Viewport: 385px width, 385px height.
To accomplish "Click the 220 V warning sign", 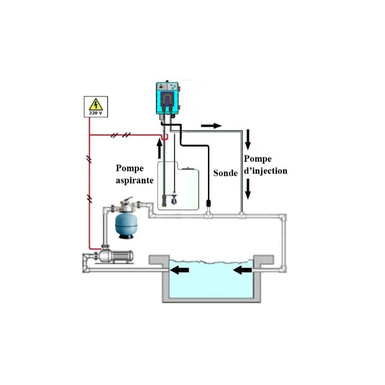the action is point(96,106).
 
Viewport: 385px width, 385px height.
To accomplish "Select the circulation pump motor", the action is point(116,256).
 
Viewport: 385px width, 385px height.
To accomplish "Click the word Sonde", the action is point(225,173).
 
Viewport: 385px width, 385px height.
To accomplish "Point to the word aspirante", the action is point(135,180).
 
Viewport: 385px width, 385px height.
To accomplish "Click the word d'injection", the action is point(266,171).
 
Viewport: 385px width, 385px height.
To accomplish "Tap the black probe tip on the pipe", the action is point(209,204).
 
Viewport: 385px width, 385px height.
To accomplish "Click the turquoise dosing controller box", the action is point(167,98).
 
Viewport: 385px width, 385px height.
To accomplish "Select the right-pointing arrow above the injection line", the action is point(211,126).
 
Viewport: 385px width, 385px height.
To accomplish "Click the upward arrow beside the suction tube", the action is point(160,149).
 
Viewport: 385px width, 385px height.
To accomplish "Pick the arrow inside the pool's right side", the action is point(243,270).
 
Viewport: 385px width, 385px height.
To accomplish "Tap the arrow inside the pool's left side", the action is point(180,270).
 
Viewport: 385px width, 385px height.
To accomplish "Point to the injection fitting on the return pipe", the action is point(242,215).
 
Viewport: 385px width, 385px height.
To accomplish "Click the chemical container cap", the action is point(188,168).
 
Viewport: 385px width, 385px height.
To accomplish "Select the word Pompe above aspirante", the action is point(129,168).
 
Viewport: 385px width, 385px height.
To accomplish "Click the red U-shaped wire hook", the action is point(165,137).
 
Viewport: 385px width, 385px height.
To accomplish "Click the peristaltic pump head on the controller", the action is point(167,99).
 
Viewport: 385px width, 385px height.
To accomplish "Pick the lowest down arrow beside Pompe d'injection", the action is point(248,189).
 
